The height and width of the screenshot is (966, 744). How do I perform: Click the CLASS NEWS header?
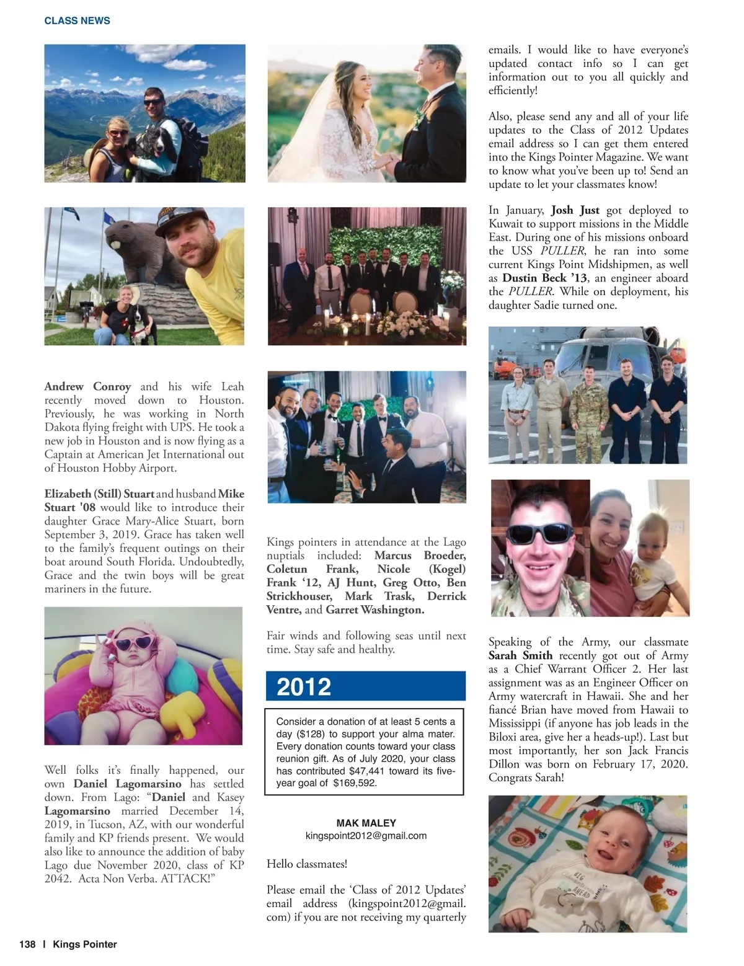(x=77, y=20)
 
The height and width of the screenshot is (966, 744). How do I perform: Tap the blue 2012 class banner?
(x=365, y=686)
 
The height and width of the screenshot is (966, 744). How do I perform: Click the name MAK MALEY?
(x=366, y=823)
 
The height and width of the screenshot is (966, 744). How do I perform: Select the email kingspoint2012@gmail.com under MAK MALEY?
(x=366, y=835)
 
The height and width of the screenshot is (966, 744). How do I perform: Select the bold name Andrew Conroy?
(x=87, y=386)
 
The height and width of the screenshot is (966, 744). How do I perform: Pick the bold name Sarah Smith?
(x=520, y=655)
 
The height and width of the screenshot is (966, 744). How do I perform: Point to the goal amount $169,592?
(x=355, y=783)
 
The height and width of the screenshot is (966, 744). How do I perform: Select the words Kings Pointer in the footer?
(x=85, y=944)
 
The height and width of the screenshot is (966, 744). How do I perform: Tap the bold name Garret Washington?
(x=374, y=609)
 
